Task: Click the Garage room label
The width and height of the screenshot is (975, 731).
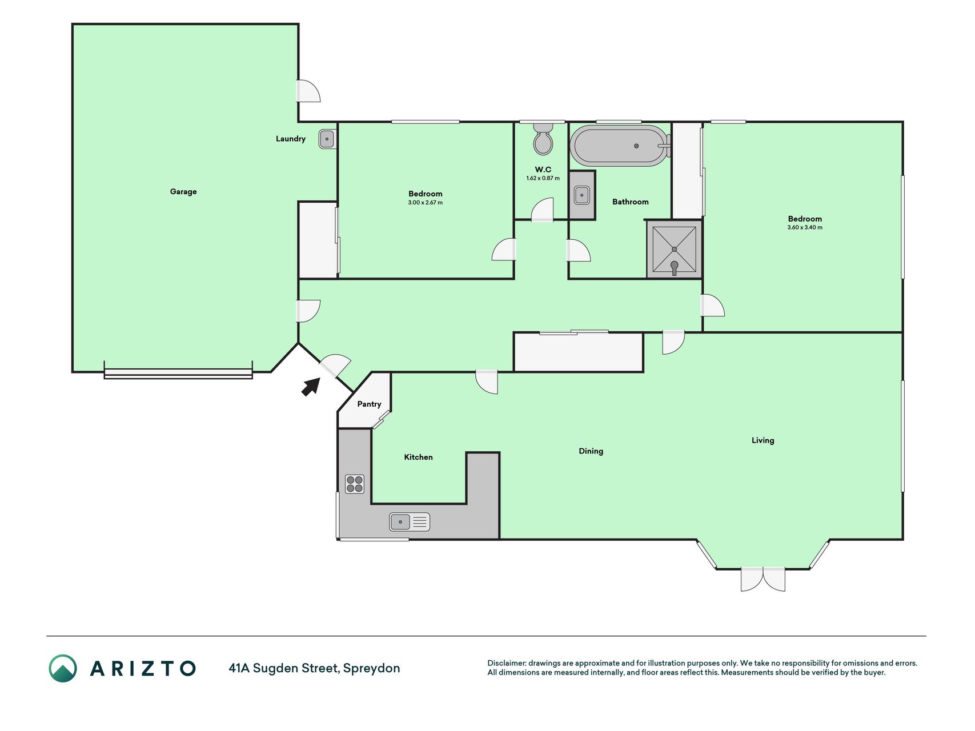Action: [183, 191]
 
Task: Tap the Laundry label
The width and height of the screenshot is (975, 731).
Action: [291, 139]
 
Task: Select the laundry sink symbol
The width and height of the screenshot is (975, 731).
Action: [327, 139]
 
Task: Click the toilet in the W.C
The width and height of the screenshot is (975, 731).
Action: [543, 139]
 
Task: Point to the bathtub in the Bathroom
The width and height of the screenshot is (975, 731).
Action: [620, 146]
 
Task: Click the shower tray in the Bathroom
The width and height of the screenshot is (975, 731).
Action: [675, 250]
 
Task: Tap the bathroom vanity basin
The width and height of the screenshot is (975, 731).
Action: [582, 195]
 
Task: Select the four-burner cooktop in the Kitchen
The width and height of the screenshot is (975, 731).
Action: [355, 484]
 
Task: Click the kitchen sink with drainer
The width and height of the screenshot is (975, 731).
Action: [410, 522]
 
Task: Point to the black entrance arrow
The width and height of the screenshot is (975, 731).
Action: [311, 387]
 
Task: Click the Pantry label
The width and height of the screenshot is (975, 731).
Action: [369, 404]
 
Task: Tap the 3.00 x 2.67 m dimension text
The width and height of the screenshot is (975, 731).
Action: [426, 203]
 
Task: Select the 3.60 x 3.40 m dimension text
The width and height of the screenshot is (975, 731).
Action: [805, 227]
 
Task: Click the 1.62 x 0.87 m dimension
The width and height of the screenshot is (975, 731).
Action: [543, 178]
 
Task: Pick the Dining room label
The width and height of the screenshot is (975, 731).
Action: [591, 451]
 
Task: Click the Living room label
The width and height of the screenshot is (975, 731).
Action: [763, 440]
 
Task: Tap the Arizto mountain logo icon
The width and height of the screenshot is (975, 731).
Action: [63, 668]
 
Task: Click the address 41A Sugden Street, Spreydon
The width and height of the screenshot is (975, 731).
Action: [314, 668]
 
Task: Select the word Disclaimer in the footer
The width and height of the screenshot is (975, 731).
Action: [507, 663]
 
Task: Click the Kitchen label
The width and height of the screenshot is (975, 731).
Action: [418, 457]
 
